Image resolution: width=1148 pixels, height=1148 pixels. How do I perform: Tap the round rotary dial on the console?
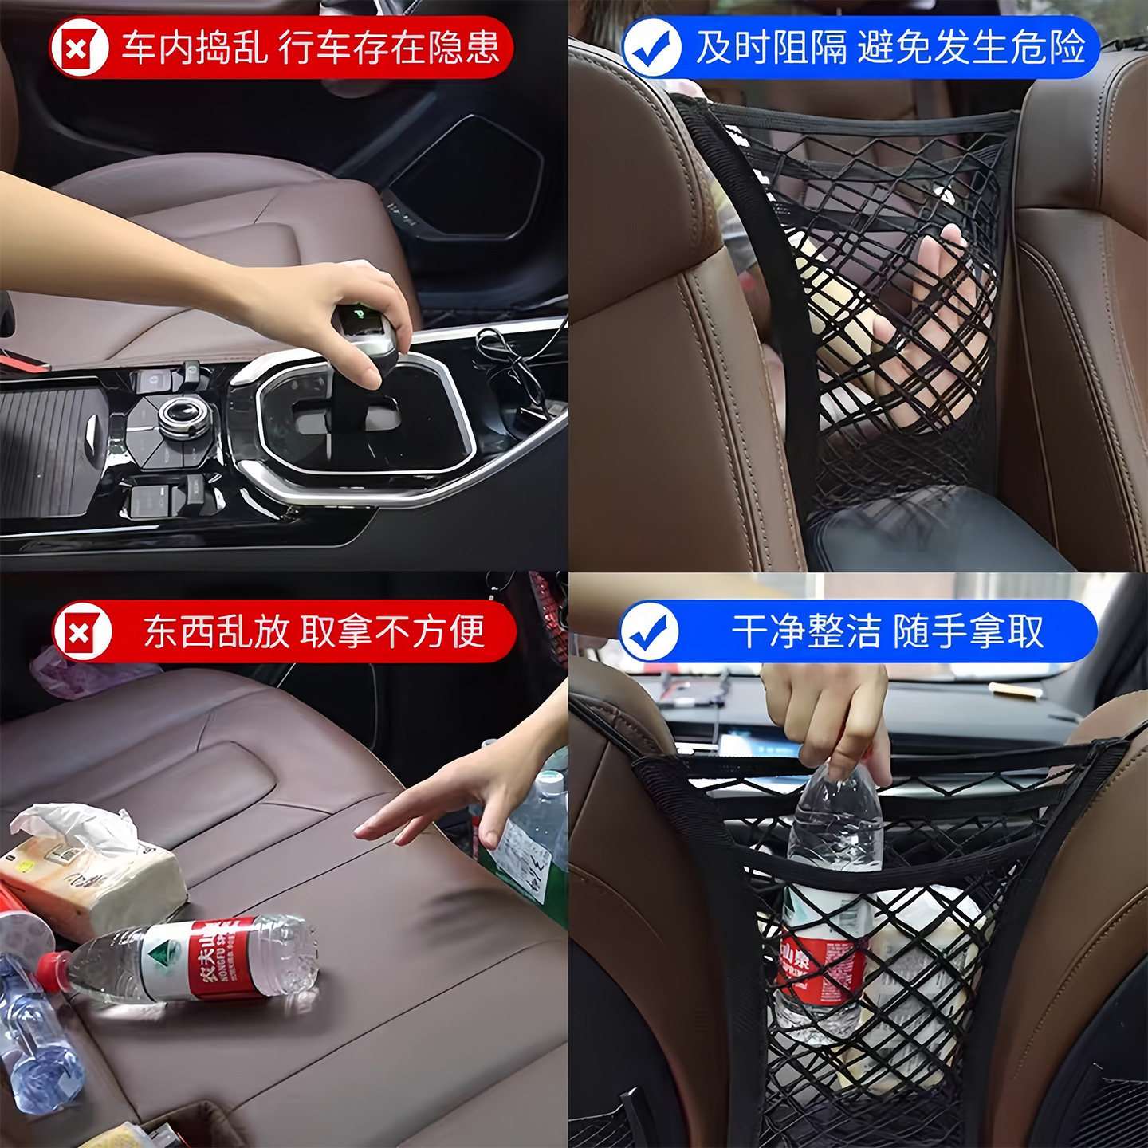[184, 415]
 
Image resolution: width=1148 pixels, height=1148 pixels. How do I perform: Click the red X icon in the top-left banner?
[78, 49]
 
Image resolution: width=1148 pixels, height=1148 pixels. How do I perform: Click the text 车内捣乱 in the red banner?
[194, 48]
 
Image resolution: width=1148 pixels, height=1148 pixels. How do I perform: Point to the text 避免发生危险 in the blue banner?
[971, 48]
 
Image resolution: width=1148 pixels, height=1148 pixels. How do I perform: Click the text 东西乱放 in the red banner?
[215, 632]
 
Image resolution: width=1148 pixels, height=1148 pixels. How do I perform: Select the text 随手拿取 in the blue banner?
[968, 632]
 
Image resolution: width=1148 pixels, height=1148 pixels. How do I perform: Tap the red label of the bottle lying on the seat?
[214, 959]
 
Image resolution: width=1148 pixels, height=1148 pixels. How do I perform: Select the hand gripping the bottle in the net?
[829, 717]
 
